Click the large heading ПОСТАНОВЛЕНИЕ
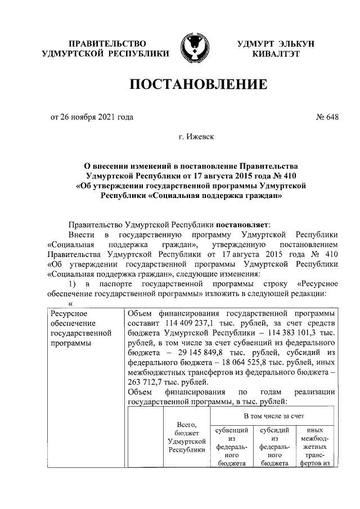[x=198, y=85]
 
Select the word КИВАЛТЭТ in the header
[x=276, y=54]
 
